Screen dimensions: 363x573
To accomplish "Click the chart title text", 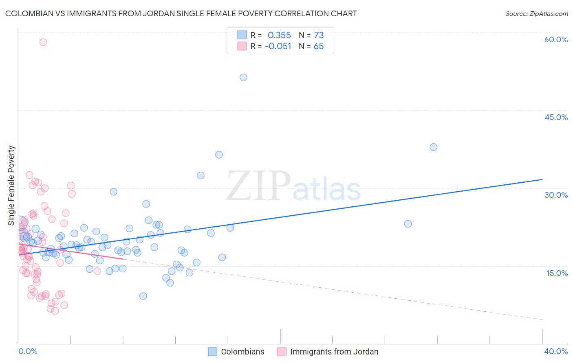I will pyautogui.click(x=181, y=13).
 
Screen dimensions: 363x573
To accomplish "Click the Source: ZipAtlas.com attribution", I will pyautogui.click(x=536, y=13).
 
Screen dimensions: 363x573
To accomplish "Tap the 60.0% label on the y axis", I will pyautogui.click(x=556, y=39).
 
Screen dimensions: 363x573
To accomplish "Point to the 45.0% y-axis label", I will pyautogui.click(x=556, y=117).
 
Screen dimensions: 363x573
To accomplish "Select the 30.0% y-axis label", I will pyautogui.click(x=556, y=195).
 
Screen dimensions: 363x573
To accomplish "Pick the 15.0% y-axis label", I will pyautogui.click(x=557, y=273).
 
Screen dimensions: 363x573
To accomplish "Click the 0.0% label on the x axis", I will pyautogui.click(x=28, y=351).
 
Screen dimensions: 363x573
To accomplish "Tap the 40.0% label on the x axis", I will pyautogui.click(x=556, y=351).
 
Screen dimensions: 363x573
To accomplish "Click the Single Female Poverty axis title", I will pyautogui.click(x=11, y=186).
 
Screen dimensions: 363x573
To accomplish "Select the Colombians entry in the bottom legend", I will pyautogui.click(x=242, y=352).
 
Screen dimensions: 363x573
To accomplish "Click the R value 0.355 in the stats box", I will pyautogui.click(x=279, y=35).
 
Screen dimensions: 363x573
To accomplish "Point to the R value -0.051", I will pyautogui.click(x=278, y=46).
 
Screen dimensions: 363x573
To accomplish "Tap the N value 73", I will pyautogui.click(x=319, y=35).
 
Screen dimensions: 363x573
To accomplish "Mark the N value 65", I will pyautogui.click(x=319, y=46).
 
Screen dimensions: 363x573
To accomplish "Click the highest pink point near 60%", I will pyautogui.click(x=43, y=42).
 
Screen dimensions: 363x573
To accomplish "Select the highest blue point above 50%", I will pyautogui.click(x=243, y=77).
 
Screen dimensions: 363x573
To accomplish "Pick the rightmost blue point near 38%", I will pyautogui.click(x=433, y=147).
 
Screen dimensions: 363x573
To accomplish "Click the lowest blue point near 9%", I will pyautogui.click(x=143, y=296).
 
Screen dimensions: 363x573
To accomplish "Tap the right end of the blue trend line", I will pyautogui.click(x=542, y=179).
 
